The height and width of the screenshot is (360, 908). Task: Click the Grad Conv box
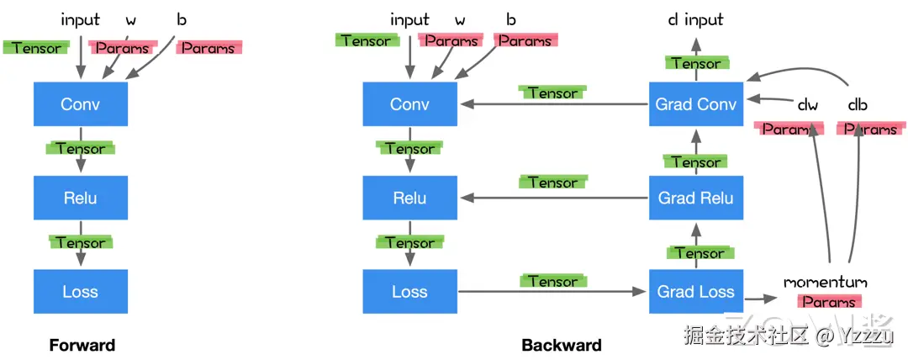[x=695, y=103]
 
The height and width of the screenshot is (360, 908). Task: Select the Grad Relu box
[x=695, y=198]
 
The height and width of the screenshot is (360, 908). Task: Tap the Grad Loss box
[x=695, y=292]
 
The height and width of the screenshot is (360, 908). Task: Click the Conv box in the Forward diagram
[x=81, y=103]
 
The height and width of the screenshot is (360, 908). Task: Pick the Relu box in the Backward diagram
[x=410, y=198]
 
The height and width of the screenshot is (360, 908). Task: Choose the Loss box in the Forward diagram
[x=81, y=292]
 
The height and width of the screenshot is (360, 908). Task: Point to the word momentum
[x=826, y=283]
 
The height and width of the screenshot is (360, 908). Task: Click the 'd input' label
[x=695, y=19]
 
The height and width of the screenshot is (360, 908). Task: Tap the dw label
[x=808, y=105]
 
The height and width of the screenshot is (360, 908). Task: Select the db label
[x=858, y=105]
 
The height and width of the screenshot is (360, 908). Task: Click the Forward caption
[x=82, y=346]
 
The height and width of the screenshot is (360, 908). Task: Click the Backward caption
[x=562, y=346]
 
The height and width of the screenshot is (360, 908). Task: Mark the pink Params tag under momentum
[x=829, y=301]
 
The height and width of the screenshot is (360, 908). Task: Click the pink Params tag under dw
[x=789, y=129]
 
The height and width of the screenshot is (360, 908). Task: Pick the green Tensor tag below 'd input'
[x=696, y=62]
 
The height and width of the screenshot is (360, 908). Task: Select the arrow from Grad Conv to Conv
[x=553, y=104]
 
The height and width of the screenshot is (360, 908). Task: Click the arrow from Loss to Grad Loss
[x=552, y=292]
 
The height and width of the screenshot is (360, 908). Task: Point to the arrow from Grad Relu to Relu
[x=553, y=198]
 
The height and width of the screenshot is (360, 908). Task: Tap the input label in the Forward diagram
[x=81, y=19]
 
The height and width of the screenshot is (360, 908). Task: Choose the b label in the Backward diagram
[x=511, y=19]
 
